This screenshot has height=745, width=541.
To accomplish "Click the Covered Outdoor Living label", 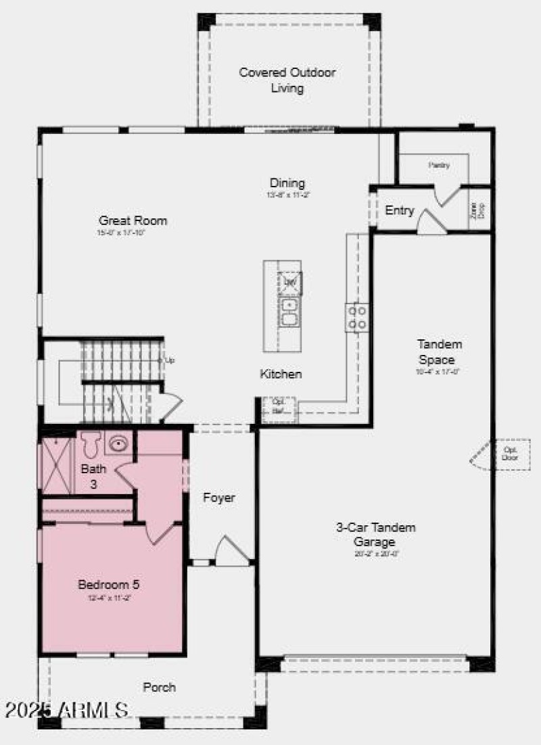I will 287,80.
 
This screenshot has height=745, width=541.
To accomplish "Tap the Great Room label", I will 133,220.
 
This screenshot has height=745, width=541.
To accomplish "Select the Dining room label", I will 287,183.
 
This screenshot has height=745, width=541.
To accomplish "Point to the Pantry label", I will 439,165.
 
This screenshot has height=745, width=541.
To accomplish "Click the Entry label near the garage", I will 399,210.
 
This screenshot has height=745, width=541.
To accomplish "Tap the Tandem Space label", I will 440,352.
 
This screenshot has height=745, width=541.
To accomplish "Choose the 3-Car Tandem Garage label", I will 376,534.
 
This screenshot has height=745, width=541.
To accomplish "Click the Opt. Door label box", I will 509,453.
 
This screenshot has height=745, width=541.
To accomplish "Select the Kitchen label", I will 281,374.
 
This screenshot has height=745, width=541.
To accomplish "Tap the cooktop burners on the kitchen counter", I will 357,318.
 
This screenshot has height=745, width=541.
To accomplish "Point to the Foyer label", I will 219,498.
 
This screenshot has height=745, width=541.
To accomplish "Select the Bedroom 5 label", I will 109,585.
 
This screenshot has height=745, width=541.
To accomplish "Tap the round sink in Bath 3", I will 119,444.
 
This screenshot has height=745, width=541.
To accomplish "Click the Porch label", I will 160,688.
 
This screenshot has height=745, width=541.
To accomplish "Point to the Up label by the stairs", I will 170,360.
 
